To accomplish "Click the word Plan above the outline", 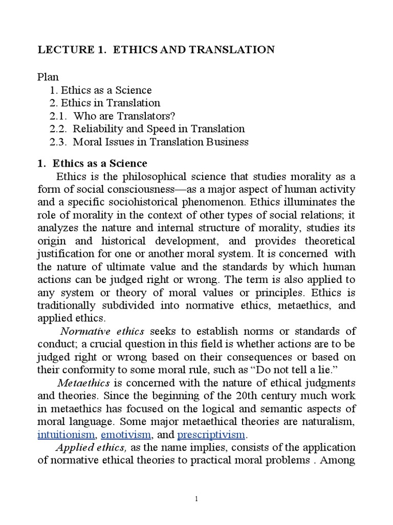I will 49,77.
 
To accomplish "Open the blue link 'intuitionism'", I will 67,435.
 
